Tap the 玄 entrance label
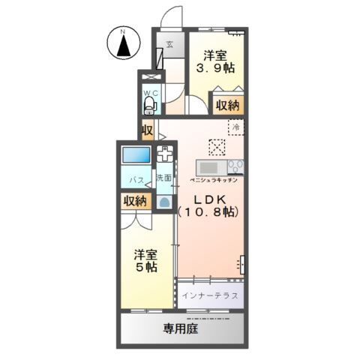[x=170, y=44]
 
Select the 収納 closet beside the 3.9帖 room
[x=229, y=106]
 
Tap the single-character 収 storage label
[x=147, y=130]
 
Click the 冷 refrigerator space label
[x=236, y=128]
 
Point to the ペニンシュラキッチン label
[x=214, y=180]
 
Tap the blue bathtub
[x=136, y=157]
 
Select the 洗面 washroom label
[x=163, y=178]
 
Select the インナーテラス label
[x=211, y=295]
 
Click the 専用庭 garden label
[x=180, y=328]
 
